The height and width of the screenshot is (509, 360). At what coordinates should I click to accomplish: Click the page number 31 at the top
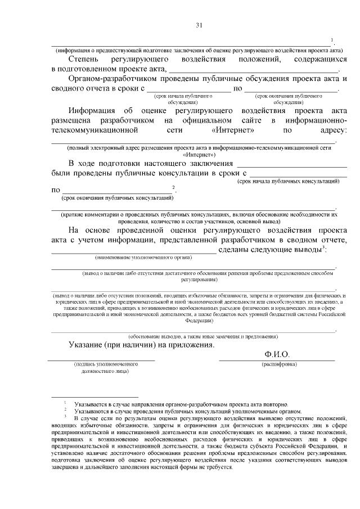[199, 25]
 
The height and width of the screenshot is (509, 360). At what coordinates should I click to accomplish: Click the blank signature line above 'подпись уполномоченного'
[101, 358]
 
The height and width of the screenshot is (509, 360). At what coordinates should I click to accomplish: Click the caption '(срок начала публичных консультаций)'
[288, 182]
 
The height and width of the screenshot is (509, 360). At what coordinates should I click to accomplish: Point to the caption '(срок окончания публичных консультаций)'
[117, 198]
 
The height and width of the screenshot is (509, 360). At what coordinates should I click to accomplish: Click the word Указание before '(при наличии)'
[89, 344]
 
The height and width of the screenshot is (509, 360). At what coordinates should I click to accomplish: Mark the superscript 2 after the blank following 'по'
[174, 187]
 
